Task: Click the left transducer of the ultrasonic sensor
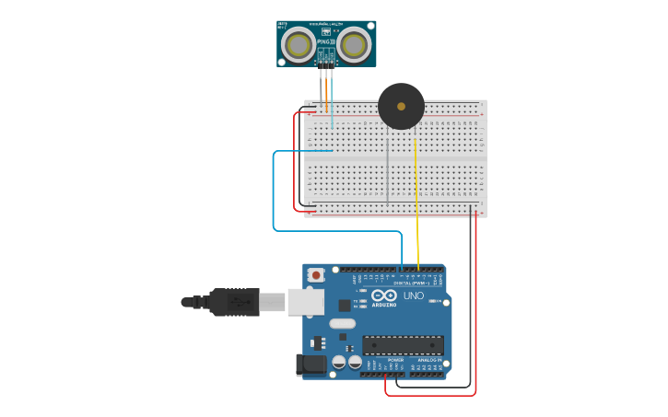tap(298, 43)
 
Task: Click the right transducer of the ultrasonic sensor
tap(354, 43)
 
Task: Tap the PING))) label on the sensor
tap(325, 41)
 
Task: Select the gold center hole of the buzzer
tap(401, 107)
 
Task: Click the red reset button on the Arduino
tap(316, 274)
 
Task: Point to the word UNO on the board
tap(413, 295)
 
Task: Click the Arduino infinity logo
tap(383, 295)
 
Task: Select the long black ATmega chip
tap(403, 345)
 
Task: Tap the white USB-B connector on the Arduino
tap(305, 301)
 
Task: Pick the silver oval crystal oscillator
tap(342, 323)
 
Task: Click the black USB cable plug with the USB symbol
tap(234, 301)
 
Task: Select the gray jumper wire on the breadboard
tap(388, 170)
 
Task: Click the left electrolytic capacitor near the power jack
tap(339, 362)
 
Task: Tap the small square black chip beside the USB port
tap(344, 305)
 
